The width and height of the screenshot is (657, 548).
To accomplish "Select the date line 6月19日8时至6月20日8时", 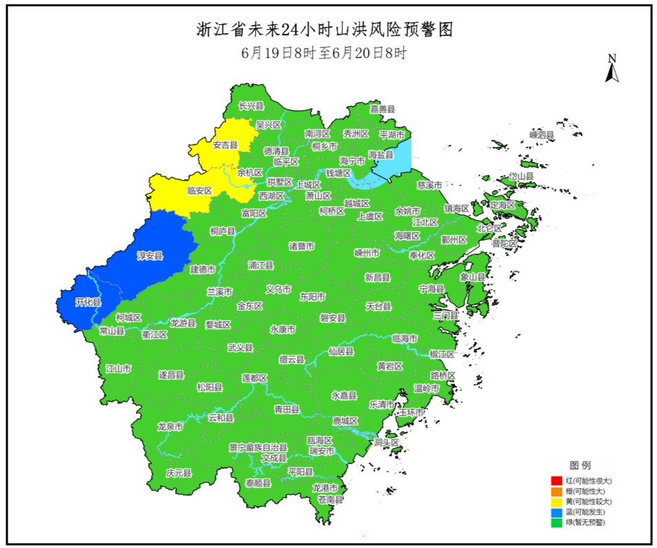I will [x=324, y=53].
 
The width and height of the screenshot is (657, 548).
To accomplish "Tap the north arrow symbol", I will [x=611, y=69].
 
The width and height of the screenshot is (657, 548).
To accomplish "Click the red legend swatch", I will [x=556, y=480].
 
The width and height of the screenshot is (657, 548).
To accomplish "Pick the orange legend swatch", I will [x=556, y=491].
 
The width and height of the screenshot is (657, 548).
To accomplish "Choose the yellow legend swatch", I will [x=556, y=502].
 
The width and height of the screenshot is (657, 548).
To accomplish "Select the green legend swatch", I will [x=556, y=523].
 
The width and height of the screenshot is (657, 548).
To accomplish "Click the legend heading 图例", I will [x=579, y=465].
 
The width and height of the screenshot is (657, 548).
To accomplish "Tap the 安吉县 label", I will [x=225, y=145].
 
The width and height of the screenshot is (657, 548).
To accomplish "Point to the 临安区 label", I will [x=200, y=190].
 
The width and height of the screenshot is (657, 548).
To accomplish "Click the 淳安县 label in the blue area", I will [x=149, y=256].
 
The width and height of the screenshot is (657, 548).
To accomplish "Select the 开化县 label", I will [x=88, y=303].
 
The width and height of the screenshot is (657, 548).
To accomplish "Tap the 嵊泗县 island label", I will [x=542, y=135].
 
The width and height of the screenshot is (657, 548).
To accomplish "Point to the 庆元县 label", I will [x=179, y=474].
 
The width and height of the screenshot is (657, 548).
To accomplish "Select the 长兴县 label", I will [x=251, y=106].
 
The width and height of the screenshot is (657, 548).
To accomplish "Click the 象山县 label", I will [x=472, y=277].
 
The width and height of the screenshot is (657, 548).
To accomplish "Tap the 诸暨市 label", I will [x=302, y=246].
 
